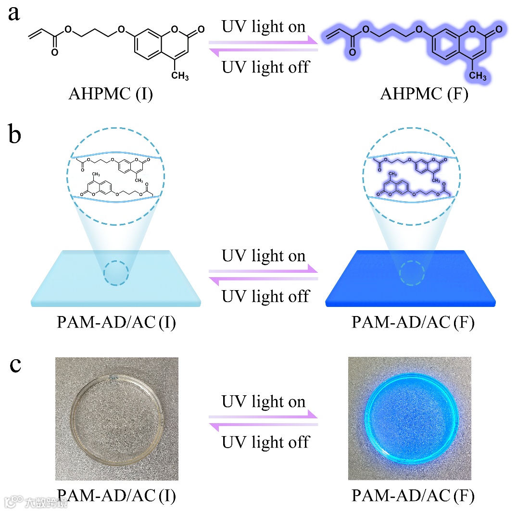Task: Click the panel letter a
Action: click(x=14, y=13)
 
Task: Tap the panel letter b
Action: click(x=15, y=135)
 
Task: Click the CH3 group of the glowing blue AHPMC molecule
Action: click(x=478, y=75)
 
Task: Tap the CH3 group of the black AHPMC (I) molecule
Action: click(x=180, y=75)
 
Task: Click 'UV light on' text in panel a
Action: click(x=264, y=27)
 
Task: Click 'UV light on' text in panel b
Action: click(x=264, y=256)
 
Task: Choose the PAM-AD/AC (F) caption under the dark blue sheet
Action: click(x=413, y=322)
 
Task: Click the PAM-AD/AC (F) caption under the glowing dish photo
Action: click(x=413, y=496)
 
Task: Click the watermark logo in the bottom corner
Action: click(x=36, y=502)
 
